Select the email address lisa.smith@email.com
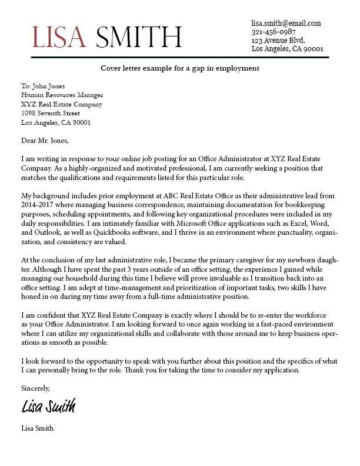[286, 23]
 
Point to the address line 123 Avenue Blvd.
[279, 41]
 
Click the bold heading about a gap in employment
[179, 68]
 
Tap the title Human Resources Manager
[62, 95]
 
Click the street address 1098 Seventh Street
[50, 114]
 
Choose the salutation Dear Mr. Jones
[45, 141]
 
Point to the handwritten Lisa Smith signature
[48, 406]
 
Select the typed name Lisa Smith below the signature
[37, 428]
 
